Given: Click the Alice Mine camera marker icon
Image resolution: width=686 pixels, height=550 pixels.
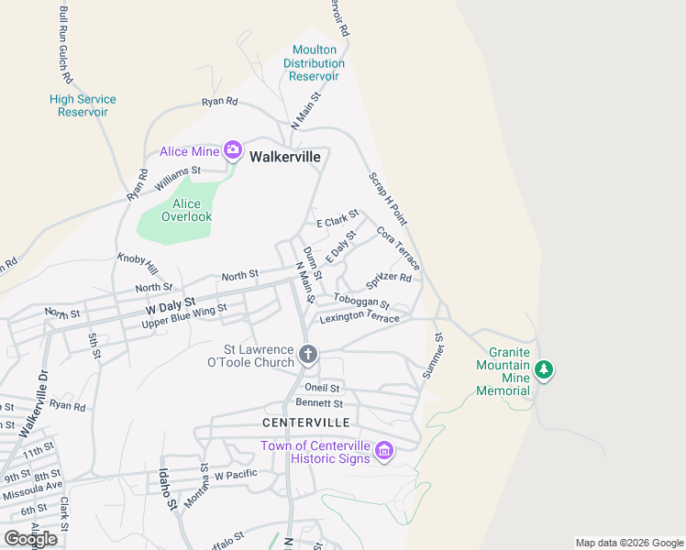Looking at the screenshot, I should [x=233, y=150].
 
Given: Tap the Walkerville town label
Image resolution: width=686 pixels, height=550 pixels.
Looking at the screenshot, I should [x=285, y=157].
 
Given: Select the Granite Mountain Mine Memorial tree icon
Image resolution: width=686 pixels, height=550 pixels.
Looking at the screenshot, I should [x=545, y=369].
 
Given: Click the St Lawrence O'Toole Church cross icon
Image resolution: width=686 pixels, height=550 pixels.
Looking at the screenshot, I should [x=309, y=354].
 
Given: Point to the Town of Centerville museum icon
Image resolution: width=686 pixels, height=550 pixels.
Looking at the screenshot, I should [x=384, y=450].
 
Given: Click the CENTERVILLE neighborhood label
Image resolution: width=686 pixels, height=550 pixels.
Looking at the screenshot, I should [x=306, y=423].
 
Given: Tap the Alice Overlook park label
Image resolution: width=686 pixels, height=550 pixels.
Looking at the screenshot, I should [x=186, y=211].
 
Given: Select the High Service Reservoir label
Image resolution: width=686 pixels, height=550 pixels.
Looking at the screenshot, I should [x=83, y=105].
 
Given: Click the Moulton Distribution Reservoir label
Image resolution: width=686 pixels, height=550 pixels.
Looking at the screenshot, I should [x=315, y=63].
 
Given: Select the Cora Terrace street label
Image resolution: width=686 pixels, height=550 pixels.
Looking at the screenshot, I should [x=398, y=248].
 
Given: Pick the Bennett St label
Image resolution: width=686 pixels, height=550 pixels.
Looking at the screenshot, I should [x=319, y=403].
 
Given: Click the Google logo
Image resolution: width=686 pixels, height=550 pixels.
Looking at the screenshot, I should [x=30, y=538].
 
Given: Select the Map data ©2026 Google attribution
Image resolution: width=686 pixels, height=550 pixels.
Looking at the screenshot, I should [x=628, y=543].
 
